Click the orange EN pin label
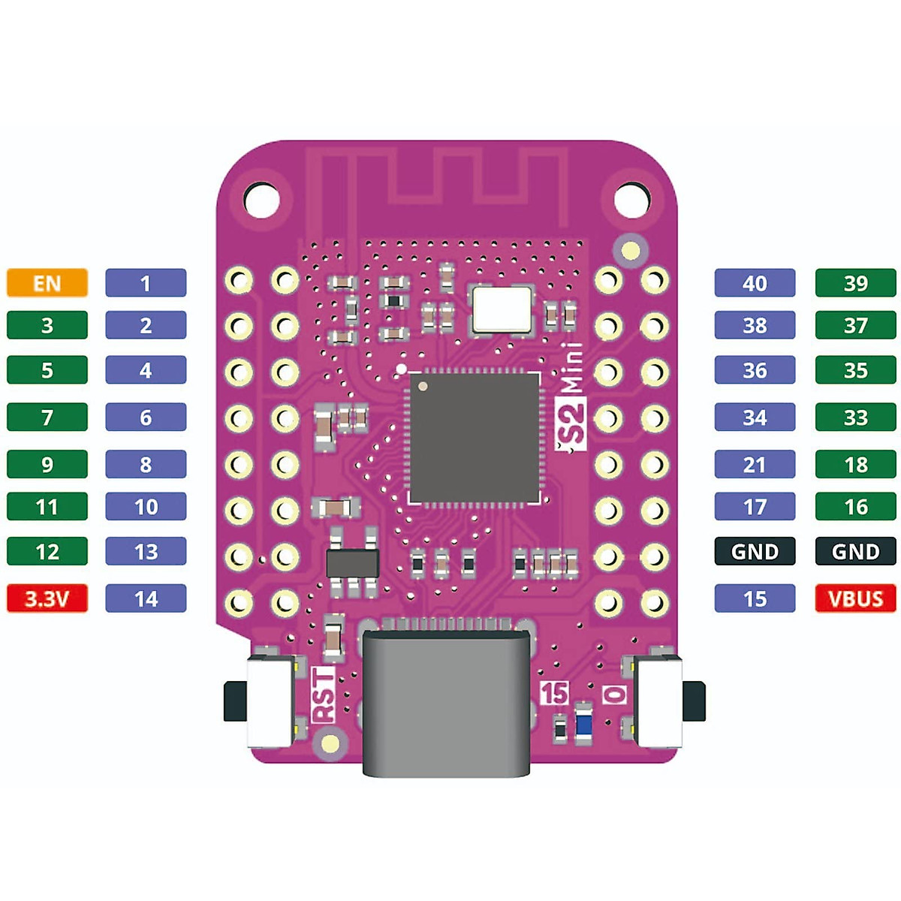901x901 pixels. coord(47,282)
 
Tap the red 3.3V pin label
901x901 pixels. coord(47,598)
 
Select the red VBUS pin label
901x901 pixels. coord(856,598)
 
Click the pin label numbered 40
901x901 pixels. coord(755,282)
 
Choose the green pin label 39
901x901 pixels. coord(856,282)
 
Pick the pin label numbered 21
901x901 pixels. coord(755,464)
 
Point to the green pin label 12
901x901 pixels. coord(47,551)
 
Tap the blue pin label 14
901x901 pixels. coord(146,598)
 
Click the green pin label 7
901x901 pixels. coord(47,417)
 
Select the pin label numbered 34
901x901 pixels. coord(755,417)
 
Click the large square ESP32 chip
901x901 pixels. coord(475,438)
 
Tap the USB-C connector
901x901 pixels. coord(447,703)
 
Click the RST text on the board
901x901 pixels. coord(324,695)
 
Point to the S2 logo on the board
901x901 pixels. coord(571,424)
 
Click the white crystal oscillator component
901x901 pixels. coord(502,309)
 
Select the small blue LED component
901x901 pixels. coord(583,722)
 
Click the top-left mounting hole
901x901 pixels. coord(262,200)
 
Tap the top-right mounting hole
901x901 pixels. coord(631,200)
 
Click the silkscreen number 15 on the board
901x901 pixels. coord(555,692)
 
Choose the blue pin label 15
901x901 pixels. coord(755,598)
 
